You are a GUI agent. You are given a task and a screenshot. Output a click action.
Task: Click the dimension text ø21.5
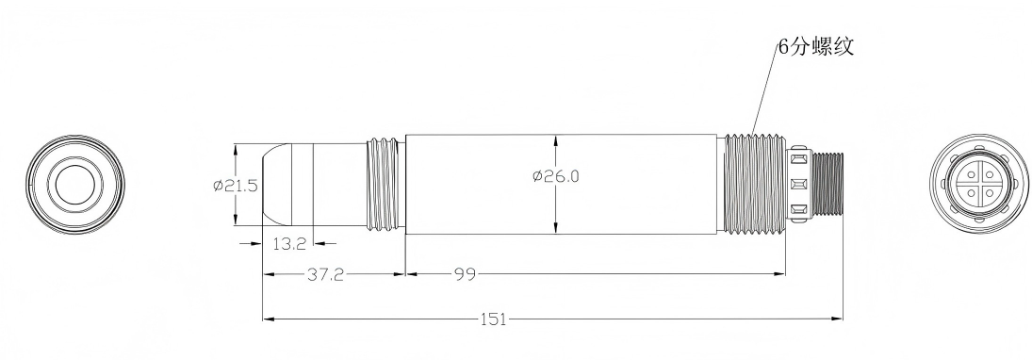[235, 186]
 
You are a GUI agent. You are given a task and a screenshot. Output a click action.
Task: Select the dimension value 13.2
[289, 244]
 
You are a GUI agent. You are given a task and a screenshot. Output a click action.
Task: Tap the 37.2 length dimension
[326, 274]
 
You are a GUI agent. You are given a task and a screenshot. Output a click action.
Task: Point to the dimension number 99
[465, 274]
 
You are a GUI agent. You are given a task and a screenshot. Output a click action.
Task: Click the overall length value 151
[494, 319]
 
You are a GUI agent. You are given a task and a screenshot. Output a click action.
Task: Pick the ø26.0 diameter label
[557, 176]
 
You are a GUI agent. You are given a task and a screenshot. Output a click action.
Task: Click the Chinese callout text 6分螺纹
[815, 47]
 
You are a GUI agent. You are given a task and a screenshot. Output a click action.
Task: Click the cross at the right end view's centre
[978, 185]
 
